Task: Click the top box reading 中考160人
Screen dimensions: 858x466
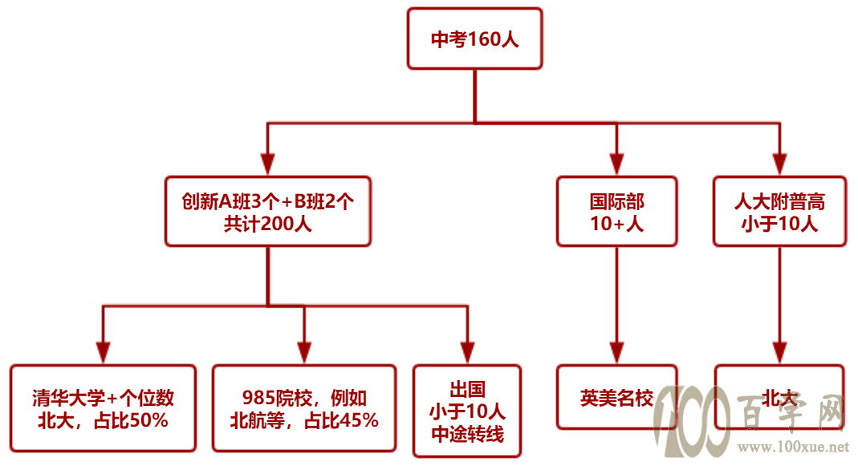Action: coord(474,38)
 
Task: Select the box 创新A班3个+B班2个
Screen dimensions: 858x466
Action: coord(267,211)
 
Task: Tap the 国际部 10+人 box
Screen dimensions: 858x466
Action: coord(616,211)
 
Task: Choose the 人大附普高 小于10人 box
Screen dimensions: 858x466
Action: coord(779,211)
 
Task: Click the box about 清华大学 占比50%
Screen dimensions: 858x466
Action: coord(103,408)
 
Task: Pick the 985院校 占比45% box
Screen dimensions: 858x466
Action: coord(304,408)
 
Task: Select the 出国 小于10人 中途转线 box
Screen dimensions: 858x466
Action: coord(467,411)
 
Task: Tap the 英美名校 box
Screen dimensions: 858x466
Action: coord(616,397)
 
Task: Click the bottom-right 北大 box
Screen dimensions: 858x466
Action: coord(779,397)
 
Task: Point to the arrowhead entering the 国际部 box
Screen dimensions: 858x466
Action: coord(616,164)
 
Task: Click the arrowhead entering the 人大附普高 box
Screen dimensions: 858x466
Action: coord(780,164)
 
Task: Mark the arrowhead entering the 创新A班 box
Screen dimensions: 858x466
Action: coord(267,164)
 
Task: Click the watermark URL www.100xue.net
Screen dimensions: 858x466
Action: coord(793,447)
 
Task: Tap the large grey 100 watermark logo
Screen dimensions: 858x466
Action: coord(692,420)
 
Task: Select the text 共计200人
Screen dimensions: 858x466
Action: coord(267,224)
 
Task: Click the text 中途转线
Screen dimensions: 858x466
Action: coord(467,434)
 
